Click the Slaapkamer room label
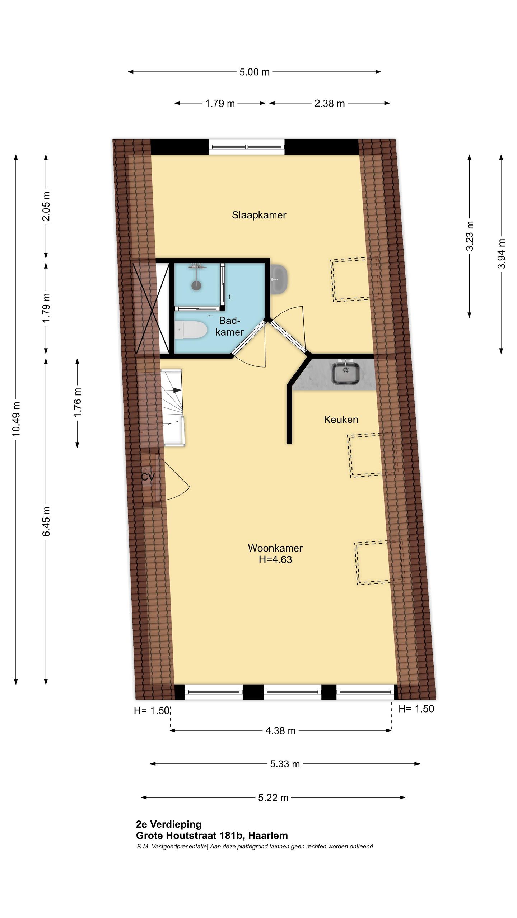(259, 215)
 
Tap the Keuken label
(341, 420)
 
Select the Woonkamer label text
(275, 548)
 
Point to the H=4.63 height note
(275, 559)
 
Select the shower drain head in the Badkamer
(196, 285)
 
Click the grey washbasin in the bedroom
(279, 279)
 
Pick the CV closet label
(148, 477)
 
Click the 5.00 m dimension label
(255, 72)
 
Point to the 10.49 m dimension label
(16, 419)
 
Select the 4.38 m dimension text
(280, 730)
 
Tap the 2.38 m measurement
(330, 104)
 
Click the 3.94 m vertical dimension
(501, 254)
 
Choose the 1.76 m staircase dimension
(77, 402)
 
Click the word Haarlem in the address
(268, 836)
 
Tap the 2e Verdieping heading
(169, 824)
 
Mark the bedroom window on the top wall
(246, 147)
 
